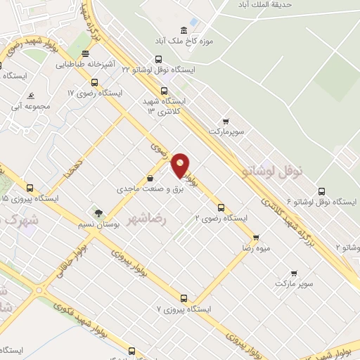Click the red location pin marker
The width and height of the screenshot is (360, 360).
pos(181,165)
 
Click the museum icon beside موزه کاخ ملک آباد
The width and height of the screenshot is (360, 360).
pos(184,30)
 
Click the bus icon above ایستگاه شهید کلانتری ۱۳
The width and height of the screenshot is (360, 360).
pos(164,90)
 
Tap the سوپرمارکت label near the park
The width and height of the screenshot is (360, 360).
pos(225,131)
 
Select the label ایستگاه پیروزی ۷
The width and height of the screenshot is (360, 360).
pos(184,309)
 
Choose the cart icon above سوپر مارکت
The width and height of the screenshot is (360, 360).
pos(293,272)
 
